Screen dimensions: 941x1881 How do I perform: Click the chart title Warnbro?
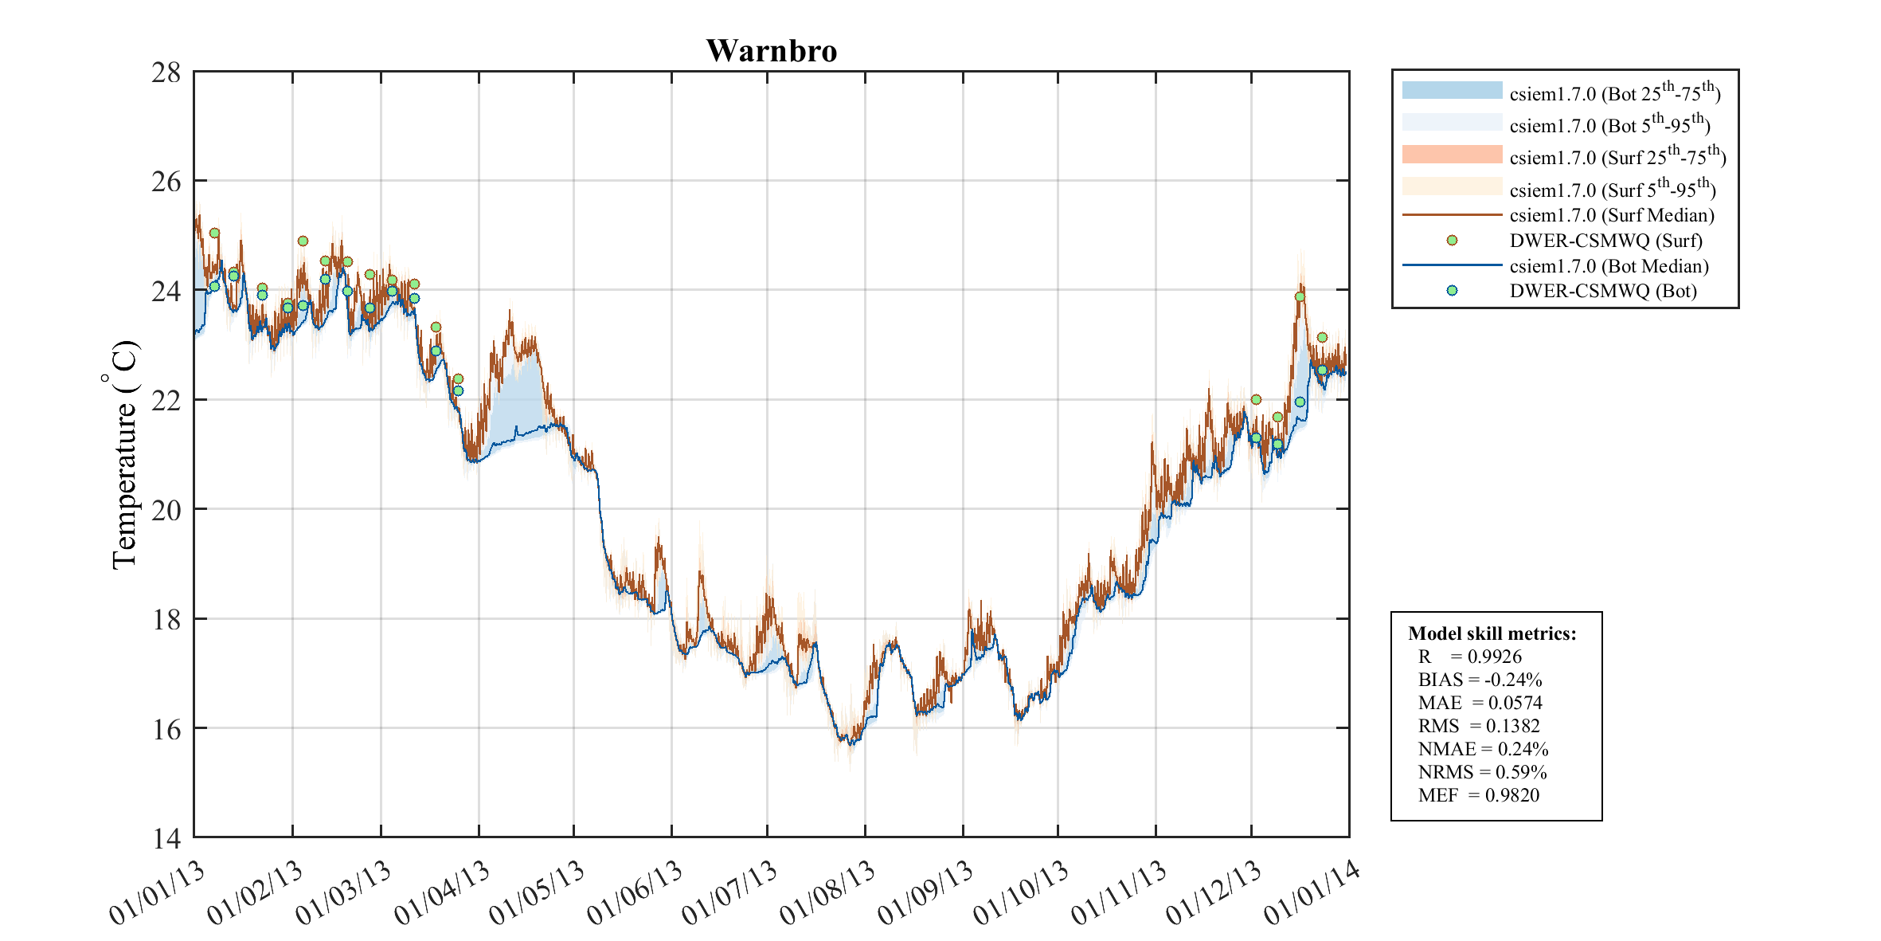[771, 51]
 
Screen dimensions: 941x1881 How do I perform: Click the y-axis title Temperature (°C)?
[123, 455]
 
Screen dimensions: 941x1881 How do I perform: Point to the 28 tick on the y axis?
[166, 73]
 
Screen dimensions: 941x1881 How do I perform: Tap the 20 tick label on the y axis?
[166, 509]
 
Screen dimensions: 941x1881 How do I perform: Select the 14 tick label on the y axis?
[166, 838]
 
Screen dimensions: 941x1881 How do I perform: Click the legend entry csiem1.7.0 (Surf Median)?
[1611, 215]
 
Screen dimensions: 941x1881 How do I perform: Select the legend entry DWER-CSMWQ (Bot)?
[1602, 291]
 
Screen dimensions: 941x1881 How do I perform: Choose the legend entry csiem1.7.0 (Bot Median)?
[1609, 266]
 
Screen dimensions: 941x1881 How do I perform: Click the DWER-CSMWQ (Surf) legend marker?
[1452, 241]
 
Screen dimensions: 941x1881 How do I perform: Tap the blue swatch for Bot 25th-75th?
[1452, 90]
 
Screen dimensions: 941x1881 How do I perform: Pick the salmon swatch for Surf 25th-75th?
[1452, 155]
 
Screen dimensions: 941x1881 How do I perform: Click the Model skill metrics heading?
[1492, 633]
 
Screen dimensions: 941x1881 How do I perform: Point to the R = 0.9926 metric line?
[1469, 657]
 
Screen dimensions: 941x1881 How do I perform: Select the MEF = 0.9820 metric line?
[1478, 795]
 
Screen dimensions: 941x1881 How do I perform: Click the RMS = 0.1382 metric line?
[1478, 726]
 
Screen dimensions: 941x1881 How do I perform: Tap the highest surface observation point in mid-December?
[1300, 297]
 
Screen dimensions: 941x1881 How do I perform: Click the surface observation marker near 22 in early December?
[1256, 400]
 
